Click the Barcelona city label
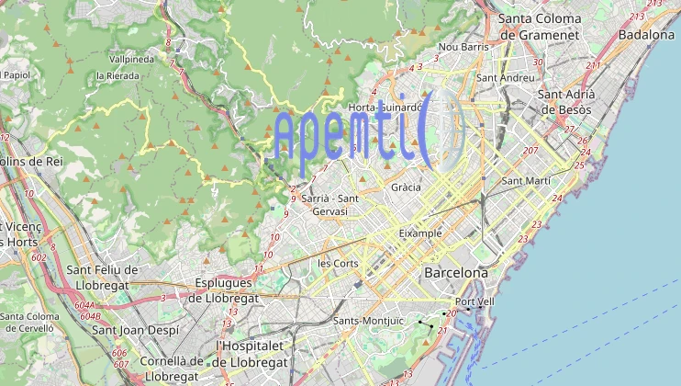(455, 273)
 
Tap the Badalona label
(646, 34)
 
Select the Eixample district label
(419, 233)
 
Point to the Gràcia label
(406, 187)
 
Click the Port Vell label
(474, 301)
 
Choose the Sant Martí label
(526, 181)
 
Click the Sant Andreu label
(505, 78)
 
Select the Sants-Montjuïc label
(368, 321)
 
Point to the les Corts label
(338, 263)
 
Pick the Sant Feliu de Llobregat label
(103, 277)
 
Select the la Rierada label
(117, 75)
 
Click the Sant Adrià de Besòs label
(565, 101)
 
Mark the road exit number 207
(530, 150)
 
